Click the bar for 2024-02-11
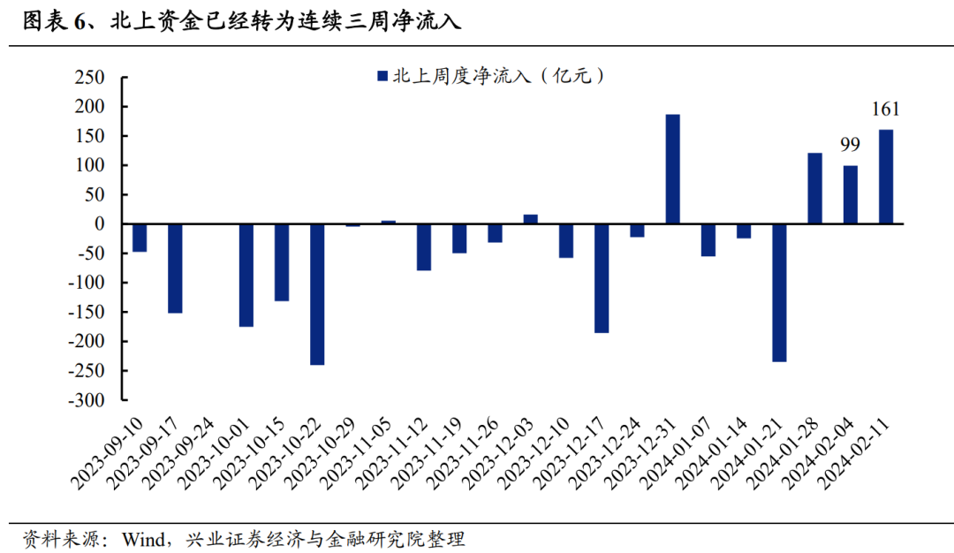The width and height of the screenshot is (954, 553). pos(885,177)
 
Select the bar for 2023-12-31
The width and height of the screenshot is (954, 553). pos(672,169)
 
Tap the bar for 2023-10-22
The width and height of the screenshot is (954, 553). pos(317,294)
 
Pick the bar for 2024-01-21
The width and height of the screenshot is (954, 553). pos(778,292)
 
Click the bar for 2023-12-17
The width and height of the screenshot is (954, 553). pos(602,278)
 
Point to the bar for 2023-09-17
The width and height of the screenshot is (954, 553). pos(175,269)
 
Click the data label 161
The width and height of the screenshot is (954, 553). pos(885,110)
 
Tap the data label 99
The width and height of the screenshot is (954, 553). pos(850,145)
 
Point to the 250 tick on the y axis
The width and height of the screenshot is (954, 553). pos(89,78)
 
